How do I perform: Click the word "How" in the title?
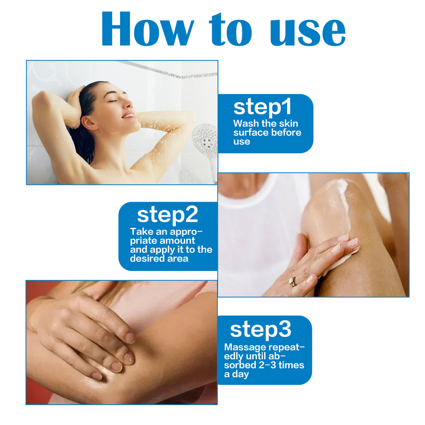pyautogui.click(x=147, y=30)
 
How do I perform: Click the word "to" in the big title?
pyautogui.click(x=230, y=30)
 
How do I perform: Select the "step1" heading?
pyautogui.click(x=263, y=107)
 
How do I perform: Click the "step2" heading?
pyautogui.click(x=167, y=215)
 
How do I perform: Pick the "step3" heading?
pyautogui.click(x=260, y=329)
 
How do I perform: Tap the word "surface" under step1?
pyautogui.click(x=250, y=133)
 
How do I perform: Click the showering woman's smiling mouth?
pyautogui.click(x=128, y=115)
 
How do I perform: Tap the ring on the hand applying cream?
pyautogui.click(x=292, y=281)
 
